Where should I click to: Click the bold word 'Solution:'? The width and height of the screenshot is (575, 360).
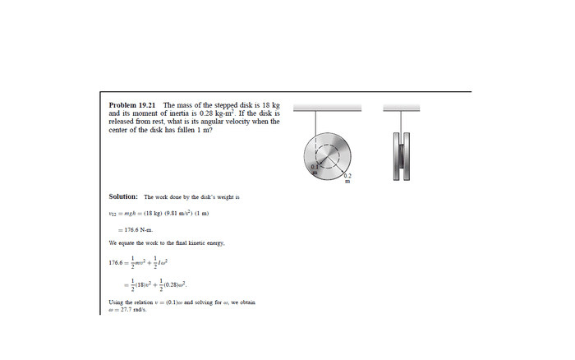pyautogui.click(x=123, y=196)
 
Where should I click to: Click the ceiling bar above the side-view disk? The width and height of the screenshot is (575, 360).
pyautogui.click(x=401, y=107)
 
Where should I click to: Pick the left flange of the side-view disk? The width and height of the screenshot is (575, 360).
pyautogui.click(x=395, y=155)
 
